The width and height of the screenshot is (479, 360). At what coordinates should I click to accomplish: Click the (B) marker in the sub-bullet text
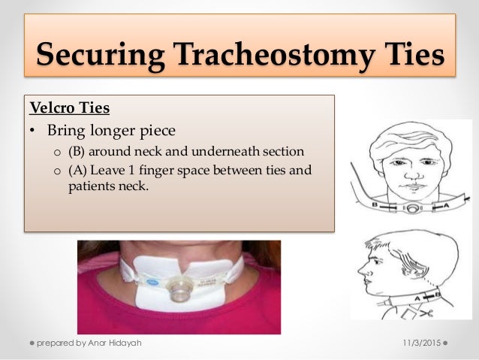click(78, 151)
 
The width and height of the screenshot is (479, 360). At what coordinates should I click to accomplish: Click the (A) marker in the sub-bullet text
click(78, 170)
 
